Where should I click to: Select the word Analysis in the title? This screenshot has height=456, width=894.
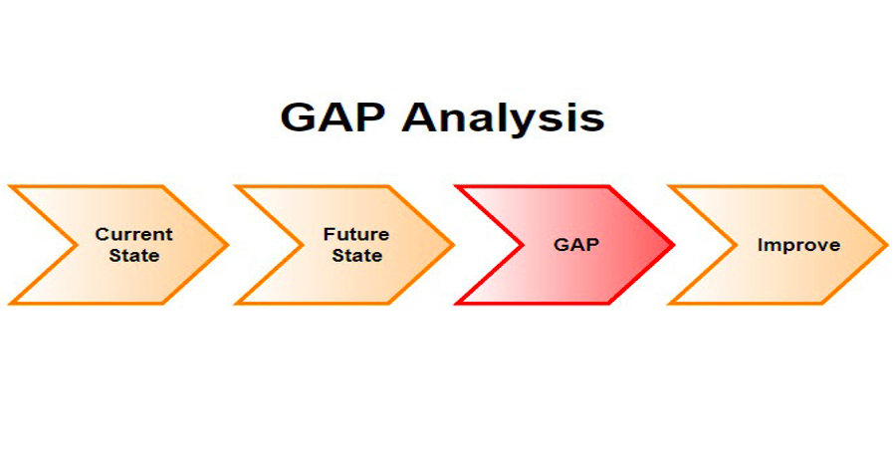[x=503, y=120]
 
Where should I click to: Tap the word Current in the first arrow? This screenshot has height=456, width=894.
[x=134, y=234]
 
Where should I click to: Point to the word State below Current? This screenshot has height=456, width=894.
[x=134, y=255]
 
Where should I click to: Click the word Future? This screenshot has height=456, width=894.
[x=356, y=234]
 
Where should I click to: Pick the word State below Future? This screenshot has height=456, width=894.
[x=357, y=255]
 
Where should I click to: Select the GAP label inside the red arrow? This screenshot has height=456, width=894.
[x=575, y=245]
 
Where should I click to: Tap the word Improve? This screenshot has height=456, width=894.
[x=798, y=245]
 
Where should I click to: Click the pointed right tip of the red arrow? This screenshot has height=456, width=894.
[x=674, y=245]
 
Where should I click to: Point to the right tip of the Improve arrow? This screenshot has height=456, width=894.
[x=887, y=245]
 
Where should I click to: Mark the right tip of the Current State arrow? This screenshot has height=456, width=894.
[x=228, y=245]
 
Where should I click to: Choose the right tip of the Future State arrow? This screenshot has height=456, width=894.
[x=453, y=245]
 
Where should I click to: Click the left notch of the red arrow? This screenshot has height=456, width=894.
[x=523, y=245]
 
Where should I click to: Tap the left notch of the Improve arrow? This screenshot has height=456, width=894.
[x=736, y=245]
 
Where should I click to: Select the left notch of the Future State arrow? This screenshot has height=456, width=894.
[x=303, y=245]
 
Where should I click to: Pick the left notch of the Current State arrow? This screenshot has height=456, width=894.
[x=76, y=245]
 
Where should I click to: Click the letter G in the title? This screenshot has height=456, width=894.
[x=299, y=117]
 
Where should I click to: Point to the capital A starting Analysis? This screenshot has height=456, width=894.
[x=421, y=117]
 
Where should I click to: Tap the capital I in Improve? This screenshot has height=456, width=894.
[x=760, y=245]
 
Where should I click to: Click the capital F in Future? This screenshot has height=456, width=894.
[x=329, y=234]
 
